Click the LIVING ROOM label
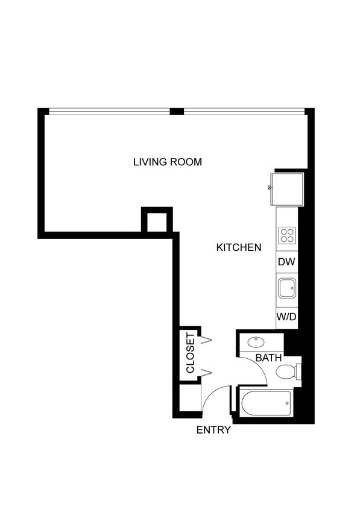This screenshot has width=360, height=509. [x=167, y=162]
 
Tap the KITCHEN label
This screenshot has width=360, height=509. [x=238, y=247]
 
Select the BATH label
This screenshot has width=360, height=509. [x=268, y=358]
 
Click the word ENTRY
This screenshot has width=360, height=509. [x=213, y=430]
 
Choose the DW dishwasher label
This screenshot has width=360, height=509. [x=287, y=263]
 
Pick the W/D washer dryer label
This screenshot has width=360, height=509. [x=287, y=317]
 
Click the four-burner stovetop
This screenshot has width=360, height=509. [x=287, y=235]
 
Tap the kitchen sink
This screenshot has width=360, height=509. [x=287, y=289]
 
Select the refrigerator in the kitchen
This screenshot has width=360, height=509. [x=286, y=188]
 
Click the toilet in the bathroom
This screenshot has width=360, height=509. [x=288, y=371]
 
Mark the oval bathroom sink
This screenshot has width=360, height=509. [x=256, y=342]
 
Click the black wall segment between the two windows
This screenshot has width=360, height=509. [x=177, y=111]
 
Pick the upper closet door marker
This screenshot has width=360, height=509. [x=206, y=341]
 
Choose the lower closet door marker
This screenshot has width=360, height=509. [x=206, y=373]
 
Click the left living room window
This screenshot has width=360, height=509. [x=109, y=111]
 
